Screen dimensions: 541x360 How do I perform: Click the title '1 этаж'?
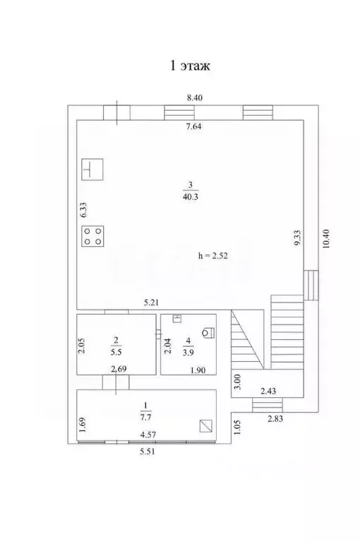point(188,66)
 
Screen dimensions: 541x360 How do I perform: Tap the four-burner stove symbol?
point(92,236)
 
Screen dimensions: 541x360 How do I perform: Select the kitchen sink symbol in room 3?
point(92,170)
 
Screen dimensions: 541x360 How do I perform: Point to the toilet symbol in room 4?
point(209,332)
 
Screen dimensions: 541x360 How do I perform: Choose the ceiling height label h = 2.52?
point(214,255)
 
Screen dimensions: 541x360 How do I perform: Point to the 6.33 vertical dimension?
point(83,210)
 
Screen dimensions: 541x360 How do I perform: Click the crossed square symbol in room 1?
point(205,426)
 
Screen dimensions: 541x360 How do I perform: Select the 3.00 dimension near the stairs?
point(238,382)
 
